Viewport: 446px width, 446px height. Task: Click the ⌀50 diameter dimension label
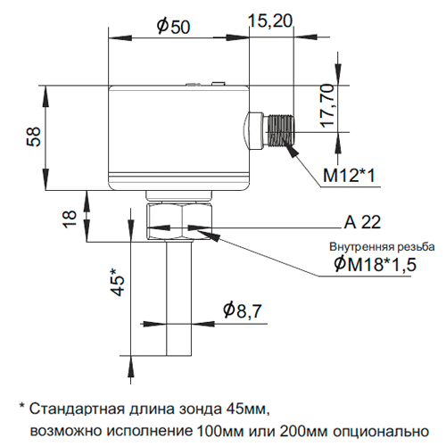[173, 26]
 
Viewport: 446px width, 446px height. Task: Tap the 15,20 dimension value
[270, 21]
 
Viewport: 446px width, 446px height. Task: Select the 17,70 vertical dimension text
[328, 106]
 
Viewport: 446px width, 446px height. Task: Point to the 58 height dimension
[34, 136]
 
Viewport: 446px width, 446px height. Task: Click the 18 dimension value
[70, 219]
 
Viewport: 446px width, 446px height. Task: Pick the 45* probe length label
[118, 282]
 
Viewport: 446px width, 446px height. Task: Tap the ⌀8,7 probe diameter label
[243, 310]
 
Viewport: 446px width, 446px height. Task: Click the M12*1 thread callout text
[349, 175]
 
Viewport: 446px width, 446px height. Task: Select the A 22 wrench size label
[362, 222]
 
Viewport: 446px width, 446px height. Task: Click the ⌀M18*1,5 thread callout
[375, 264]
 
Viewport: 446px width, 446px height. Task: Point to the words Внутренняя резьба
[382, 247]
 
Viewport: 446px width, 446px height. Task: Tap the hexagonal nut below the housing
[179, 220]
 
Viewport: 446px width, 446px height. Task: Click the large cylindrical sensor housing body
[178, 137]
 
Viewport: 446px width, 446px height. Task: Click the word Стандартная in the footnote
[77, 409]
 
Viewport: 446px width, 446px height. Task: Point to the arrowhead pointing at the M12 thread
[292, 148]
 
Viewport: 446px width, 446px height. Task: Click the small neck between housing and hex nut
[179, 195]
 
